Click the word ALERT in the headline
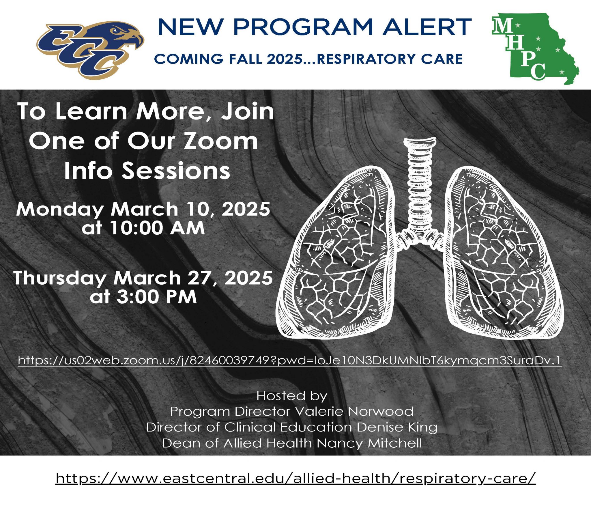(427, 27)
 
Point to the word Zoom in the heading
(221, 141)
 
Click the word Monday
(60, 209)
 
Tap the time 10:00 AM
(143, 228)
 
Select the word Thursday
(60, 278)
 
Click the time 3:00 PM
(143, 297)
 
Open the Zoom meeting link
(290, 360)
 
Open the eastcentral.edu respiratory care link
(295, 479)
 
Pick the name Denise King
(397, 427)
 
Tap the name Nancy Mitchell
(369, 443)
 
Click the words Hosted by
(292, 396)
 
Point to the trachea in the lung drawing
(419, 185)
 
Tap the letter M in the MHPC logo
(503, 26)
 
